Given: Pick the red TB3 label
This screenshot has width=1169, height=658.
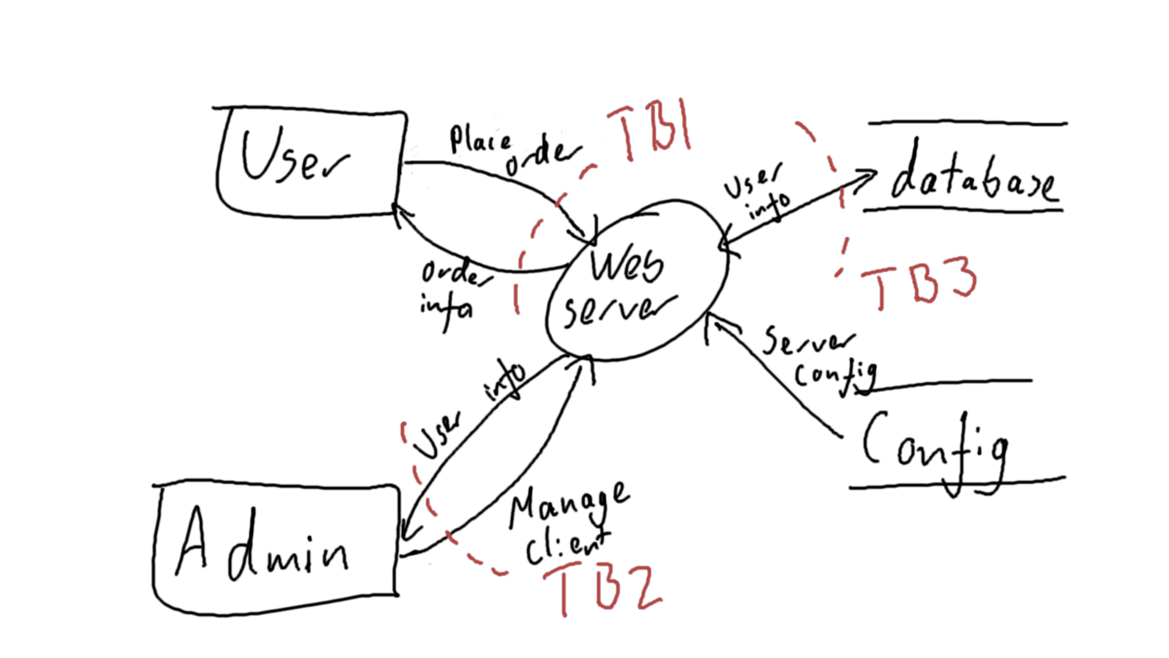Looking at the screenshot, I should [x=919, y=283].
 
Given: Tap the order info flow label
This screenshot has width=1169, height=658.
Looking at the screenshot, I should [x=451, y=292].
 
